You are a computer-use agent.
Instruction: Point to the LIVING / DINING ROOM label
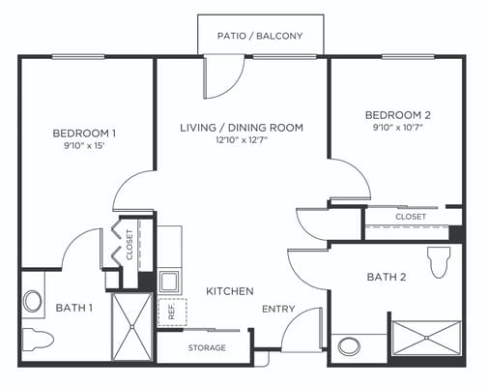[x=242, y=127]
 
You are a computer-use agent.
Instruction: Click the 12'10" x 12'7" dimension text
[x=242, y=140]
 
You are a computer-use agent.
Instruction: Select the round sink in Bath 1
[x=33, y=301]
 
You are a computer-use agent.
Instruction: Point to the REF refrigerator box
[x=172, y=312]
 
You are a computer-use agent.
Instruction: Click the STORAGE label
[x=207, y=347]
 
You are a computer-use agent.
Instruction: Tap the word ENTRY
[x=278, y=310]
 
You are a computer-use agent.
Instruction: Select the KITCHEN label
[x=229, y=290]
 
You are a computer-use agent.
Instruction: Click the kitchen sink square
[x=169, y=282]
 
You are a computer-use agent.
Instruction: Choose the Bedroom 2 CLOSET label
[x=411, y=218]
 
